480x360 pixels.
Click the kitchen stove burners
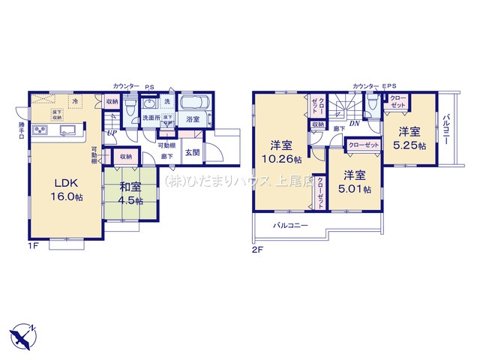coord(40,132)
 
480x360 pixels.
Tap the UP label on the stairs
coord(111,133)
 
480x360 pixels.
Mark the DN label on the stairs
coord(353,124)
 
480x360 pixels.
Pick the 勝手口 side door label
coord(21,130)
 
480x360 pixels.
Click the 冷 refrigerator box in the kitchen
coord(76,100)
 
